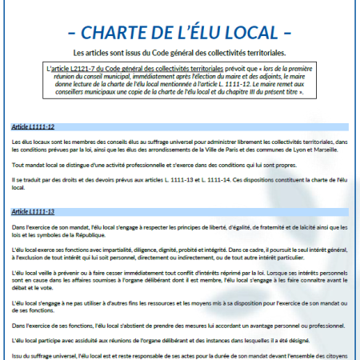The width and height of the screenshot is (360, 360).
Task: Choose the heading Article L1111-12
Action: (x=34, y=127)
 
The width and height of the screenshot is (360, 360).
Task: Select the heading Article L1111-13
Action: (x=34, y=211)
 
